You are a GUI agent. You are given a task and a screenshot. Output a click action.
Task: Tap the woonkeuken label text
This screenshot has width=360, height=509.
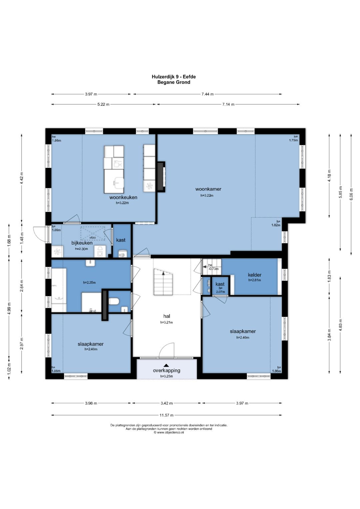(123, 197)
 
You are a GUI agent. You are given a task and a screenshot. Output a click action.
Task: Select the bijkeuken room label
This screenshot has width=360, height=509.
(82, 243)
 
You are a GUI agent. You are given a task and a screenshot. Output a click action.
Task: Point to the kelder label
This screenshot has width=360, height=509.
(255, 275)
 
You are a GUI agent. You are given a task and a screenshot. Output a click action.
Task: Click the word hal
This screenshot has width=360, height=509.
(167, 316)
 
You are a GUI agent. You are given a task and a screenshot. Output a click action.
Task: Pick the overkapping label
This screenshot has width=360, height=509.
(167, 370)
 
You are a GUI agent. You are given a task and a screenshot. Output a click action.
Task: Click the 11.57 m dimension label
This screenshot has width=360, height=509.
(167, 415)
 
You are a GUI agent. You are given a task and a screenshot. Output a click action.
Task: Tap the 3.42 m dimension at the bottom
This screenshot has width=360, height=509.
(167, 403)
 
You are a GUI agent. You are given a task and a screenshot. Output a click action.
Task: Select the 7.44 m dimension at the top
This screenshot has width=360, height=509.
(207, 94)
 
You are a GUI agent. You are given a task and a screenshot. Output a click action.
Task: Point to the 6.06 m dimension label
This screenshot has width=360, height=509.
(351, 194)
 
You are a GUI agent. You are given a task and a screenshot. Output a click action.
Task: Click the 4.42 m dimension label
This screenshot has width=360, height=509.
(22, 178)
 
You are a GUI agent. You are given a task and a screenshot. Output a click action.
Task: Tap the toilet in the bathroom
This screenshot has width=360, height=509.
(114, 302)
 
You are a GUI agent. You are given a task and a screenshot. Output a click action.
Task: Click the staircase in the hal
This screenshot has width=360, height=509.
(163, 282)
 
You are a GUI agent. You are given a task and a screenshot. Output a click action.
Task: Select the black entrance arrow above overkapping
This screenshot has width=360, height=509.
(167, 365)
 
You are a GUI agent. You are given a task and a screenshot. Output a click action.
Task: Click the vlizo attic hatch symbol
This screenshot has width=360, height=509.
(93, 233)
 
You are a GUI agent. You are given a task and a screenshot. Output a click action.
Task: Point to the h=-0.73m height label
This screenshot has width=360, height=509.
(213, 267)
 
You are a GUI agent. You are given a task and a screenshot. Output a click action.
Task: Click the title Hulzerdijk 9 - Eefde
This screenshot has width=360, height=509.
(174, 77)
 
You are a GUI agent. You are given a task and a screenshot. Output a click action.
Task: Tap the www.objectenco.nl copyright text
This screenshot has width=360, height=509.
(169, 433)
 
